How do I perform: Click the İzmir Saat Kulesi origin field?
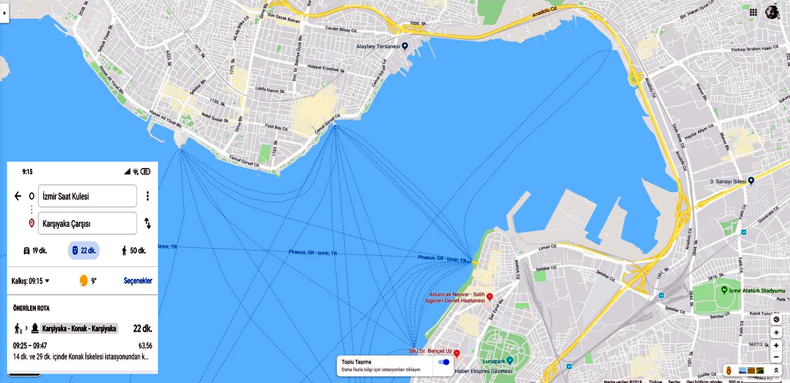tap(87, 196)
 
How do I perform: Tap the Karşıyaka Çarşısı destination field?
tap(87, 223)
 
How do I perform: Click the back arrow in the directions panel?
tap(18, 196)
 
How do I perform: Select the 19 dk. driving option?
tap(35, 250)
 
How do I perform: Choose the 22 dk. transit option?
tap(84, 250)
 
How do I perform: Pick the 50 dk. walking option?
tap(134, 250)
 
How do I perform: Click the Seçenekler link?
tap(138, 281)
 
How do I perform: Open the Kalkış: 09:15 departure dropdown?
tap(30, 281)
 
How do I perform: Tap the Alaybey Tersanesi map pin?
tap(404, 46)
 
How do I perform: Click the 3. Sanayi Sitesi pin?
tap(751, 181)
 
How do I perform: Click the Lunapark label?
tap(494, 361)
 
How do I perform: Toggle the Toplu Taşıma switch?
tap(444, 362)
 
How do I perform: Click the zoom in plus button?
tap(776, 346)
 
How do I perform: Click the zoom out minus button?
tap(776, 357)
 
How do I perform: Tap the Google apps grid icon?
tap(753, 12)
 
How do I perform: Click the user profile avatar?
tap(772, 12)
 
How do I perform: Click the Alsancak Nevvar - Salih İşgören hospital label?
tap(457, 297)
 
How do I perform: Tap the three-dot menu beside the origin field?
tap(148, 196)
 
